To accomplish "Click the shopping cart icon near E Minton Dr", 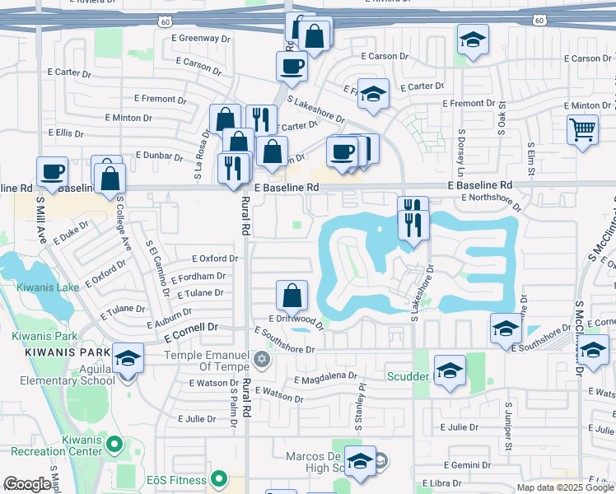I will click(x=582, y=129).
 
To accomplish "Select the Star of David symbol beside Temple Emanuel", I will click(x=262, y=359).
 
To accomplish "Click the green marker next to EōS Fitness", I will click(x=218, y=478).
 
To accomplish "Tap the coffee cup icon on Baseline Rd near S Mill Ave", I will click(x=52, y=172).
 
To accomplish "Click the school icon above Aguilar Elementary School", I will click(x=128, y=358).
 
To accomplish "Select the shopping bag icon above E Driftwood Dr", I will click(x=292, y=296).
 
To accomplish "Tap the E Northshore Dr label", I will click(x=492, y=198).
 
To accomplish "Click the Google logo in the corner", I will click(x=27, y=484).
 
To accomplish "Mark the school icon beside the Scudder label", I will click(x=450, y=371).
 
